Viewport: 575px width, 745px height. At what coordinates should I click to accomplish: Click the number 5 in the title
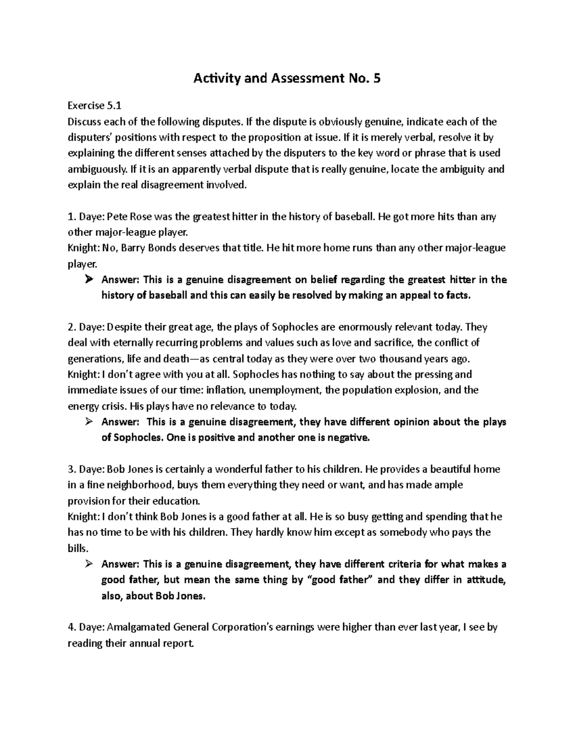click(x=377, y=79)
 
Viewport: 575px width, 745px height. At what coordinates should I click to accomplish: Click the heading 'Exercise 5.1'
click(x=92, y=106)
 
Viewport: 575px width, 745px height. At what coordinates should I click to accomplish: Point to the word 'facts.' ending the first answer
click(x=458, y=296)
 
